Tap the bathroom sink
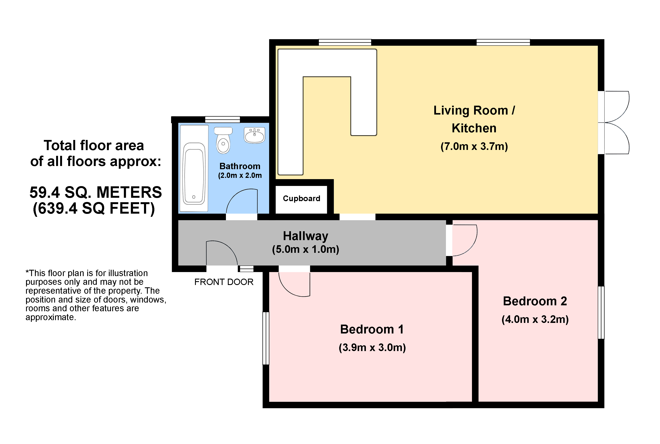254,135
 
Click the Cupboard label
301,198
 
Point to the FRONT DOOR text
224,282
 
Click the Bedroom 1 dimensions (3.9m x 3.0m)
372,347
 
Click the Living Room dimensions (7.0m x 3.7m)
474,146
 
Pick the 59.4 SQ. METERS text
96,192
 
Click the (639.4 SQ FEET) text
94,209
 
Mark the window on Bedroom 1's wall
266,338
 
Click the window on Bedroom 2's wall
601,313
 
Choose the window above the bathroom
222,119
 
